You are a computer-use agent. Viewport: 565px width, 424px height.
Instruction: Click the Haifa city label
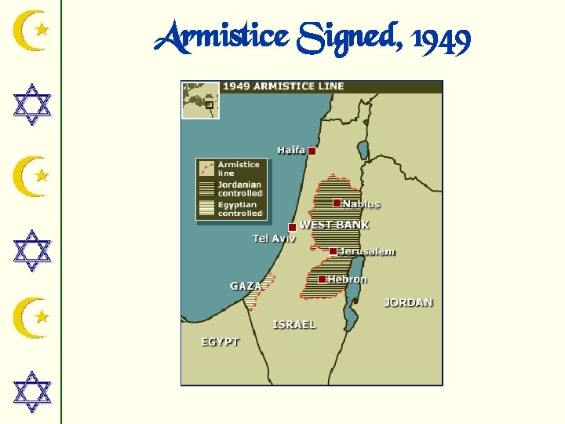click(x=290, y=150)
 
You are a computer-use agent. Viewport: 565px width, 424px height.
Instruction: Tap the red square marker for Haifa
click(x=312, y=151)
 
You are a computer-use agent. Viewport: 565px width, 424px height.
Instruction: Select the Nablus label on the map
click(x=361, y=204)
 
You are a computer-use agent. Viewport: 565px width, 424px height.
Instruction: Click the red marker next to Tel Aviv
click(x=293, y=227)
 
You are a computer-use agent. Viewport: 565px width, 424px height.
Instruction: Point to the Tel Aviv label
click(x=274, y=238)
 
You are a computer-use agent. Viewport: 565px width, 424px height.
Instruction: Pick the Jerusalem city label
click(x=367, y=252)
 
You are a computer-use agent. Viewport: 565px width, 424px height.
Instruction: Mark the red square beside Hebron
click(x=322, y=279)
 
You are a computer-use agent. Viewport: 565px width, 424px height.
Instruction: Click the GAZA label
click(x=246, y=286)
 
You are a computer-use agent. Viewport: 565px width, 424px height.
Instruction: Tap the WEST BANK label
click(x=334, y=225)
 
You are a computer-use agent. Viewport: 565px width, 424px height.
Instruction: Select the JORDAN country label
click(x=408, y=302)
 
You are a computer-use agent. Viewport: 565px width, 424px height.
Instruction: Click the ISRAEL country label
click(x=294, y=324)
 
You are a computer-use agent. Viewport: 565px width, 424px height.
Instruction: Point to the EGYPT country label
click(x=220, y=342)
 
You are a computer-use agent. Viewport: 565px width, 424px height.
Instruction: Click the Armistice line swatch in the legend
click(x=206, y=168)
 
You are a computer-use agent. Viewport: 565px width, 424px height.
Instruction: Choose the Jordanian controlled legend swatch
click(x=206, y=188)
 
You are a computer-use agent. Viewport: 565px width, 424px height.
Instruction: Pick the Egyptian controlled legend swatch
click(x=206, y=208)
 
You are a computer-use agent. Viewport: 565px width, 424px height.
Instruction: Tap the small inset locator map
click(x=201, y=100)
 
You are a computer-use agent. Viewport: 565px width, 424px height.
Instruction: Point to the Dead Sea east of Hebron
click(x=350, y=302)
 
